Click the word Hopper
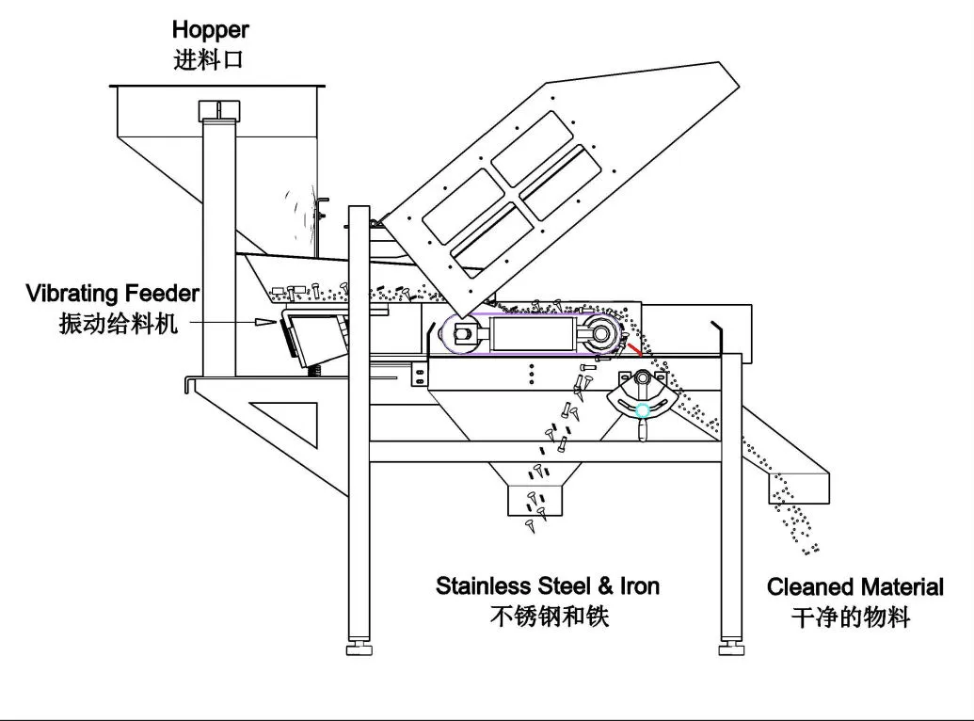click(x=210, y=32)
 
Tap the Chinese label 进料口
click(x=209, y=59)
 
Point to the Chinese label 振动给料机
click(x=118, y=324)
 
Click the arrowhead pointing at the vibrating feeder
click(x=264, y=321)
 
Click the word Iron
click(x=639, y=585)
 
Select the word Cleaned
click(x=809, y=587)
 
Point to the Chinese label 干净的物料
click(x=851, y=617)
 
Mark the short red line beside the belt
click(x=637, y=350)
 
